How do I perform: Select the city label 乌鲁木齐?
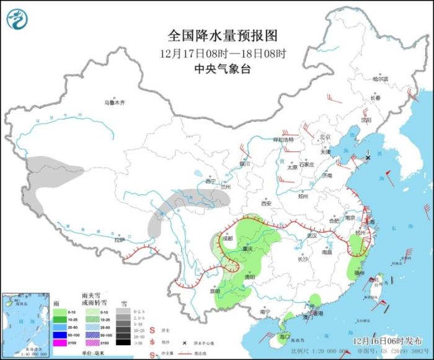(x=114, y=102)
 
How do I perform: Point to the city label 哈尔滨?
(x=380, y=79)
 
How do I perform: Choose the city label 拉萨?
(x=119, y=240)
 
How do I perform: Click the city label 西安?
(x=267, y=203)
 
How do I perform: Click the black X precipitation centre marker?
(x=368, y=158)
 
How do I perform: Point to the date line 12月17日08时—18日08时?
(x=223, y=53)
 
